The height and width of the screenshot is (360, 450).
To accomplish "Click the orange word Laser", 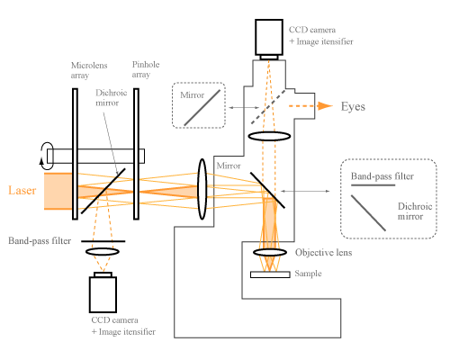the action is pos(22,191).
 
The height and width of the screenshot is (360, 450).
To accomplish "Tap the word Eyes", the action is pos(353,106).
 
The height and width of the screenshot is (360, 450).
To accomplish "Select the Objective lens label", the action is pos(323,253).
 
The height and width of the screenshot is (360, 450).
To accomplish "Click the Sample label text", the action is pos(308,274).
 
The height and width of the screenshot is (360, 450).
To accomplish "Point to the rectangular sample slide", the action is pos(270,274).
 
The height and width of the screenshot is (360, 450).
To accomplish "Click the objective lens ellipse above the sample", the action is pos(270,252).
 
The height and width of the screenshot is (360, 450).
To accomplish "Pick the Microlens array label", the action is pos(89,70).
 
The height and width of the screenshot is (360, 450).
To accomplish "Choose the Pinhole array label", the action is pos(146,69).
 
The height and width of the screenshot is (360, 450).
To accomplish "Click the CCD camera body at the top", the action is pos(269,37).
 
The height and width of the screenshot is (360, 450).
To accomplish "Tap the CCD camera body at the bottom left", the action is pos(103,294).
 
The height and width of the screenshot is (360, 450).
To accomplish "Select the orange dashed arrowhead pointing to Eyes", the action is pos(325,106).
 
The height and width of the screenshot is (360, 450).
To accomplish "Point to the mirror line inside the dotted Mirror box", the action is pos(202,108).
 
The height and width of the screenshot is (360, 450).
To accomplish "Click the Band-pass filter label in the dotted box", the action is pos(382,176).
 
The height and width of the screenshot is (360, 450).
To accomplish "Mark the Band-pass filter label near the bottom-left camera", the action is pos(40,241).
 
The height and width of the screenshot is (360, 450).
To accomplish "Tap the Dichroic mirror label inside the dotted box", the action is pos(415,211).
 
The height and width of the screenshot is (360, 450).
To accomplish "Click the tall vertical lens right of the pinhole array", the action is pos(202,189).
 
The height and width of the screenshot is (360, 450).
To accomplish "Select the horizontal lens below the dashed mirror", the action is pos(269,136).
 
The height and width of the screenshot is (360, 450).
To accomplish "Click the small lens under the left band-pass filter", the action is pos(103,251).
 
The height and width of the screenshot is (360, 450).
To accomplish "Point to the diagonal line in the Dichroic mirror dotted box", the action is pos(368,213).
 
